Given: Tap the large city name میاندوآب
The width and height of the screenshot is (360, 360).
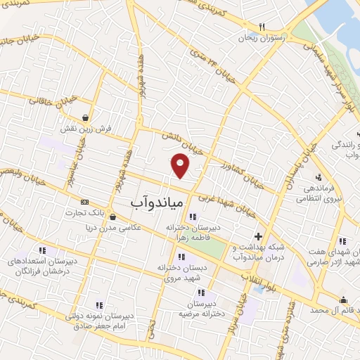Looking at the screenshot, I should [157, 202].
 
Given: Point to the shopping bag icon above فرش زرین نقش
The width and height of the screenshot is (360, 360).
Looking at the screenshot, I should [86, 118].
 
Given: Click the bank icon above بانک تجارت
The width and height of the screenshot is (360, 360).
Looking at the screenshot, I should [85, 202].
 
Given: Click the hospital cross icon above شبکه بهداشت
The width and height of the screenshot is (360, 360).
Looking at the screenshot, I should [258, 236].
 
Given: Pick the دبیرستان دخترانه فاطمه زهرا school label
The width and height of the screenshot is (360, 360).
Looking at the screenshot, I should [193, 233].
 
